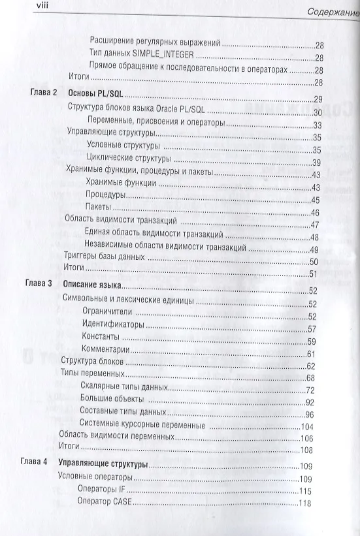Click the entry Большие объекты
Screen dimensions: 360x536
tap(111, 400)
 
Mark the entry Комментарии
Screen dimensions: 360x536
tap(106, 353)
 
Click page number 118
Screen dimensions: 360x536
tap(305, 503)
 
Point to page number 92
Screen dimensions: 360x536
tap(310, 402)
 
